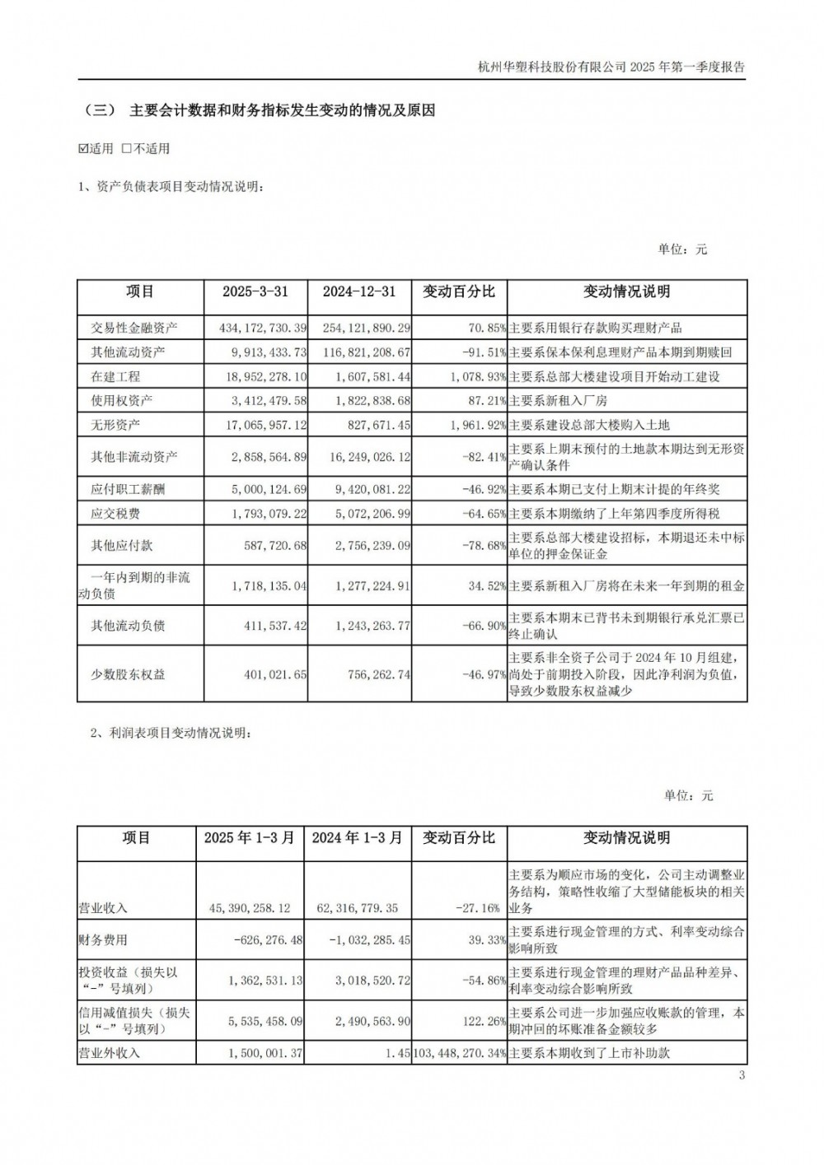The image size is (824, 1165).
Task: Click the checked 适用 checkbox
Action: pos(82,149)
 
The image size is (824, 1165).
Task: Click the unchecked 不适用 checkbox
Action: pos(127,149)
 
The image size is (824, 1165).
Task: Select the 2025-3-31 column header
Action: pos(255,292)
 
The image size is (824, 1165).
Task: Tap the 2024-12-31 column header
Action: pos(359,292)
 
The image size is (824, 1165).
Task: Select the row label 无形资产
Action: pos(115,425)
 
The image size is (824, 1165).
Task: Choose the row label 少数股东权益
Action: pos(128,674)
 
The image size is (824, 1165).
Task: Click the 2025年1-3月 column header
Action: pos(249,838)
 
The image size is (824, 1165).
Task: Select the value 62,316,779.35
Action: pos(357,908)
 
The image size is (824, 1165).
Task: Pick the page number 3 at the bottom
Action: pos(742,1075)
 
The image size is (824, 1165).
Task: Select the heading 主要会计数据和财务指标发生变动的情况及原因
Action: pos(282,110)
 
